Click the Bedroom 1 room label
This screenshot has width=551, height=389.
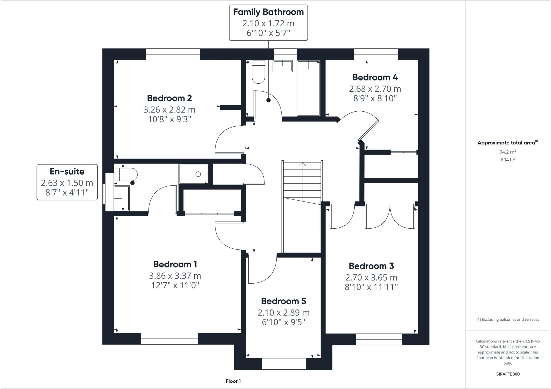175,264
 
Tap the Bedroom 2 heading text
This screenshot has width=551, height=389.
169,98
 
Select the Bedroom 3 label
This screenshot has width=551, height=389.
371,266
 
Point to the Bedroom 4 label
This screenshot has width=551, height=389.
375,77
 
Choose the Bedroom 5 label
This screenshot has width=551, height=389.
283,301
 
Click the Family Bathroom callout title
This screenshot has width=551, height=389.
268,12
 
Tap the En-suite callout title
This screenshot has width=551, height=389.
67,171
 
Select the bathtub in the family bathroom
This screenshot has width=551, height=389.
309,88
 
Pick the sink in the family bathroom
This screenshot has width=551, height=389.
282,66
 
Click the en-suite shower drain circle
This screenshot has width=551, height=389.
198,174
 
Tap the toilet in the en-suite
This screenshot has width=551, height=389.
125,174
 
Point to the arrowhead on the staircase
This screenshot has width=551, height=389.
302,164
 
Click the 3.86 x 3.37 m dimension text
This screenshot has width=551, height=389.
175,276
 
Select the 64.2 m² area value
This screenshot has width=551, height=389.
507,152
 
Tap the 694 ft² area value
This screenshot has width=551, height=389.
507,160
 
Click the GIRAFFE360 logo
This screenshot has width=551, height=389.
507,374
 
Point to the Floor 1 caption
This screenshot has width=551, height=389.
233,381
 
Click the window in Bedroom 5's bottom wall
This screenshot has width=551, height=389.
284,364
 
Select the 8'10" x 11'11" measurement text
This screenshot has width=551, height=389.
371,287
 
